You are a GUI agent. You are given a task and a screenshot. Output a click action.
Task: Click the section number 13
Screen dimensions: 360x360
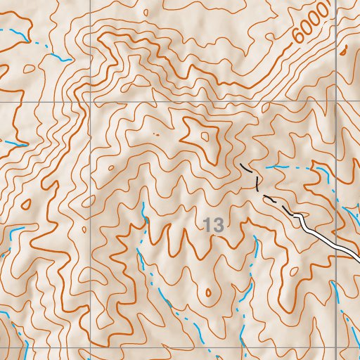point(214,226)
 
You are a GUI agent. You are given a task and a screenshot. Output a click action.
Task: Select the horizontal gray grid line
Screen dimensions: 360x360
point(176,101)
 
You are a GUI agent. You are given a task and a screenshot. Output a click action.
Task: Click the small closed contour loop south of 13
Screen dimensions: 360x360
point(207,293)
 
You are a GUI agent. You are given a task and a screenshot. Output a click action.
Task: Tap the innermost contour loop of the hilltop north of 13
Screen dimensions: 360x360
point(205,136)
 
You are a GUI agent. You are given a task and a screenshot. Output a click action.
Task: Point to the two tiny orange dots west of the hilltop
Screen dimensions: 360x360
point(155,132)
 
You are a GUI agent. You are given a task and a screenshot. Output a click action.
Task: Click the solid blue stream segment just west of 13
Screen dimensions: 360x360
point(144,211)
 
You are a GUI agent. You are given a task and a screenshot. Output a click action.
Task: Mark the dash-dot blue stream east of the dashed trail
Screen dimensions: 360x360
point(288,167)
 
